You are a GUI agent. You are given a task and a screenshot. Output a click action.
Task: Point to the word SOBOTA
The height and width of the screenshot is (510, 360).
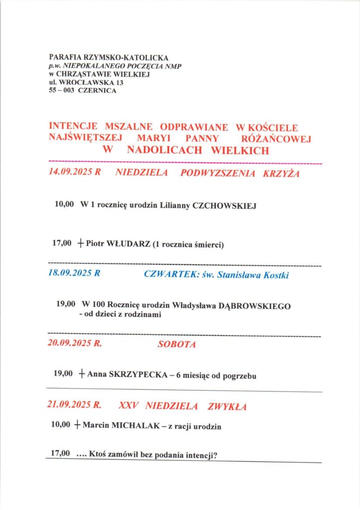pos(177,345)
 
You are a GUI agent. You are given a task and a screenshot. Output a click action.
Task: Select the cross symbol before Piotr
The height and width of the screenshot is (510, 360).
pos(81,244)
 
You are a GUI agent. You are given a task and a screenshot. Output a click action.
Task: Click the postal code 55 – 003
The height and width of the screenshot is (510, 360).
pos(62,91)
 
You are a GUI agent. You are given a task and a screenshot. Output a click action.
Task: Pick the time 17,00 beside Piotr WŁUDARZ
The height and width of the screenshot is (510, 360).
pos(62,244)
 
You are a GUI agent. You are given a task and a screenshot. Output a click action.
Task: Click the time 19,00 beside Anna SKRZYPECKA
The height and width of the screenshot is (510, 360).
pos(63,375)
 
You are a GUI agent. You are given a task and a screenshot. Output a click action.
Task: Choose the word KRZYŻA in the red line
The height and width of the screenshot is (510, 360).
pos(282,174)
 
